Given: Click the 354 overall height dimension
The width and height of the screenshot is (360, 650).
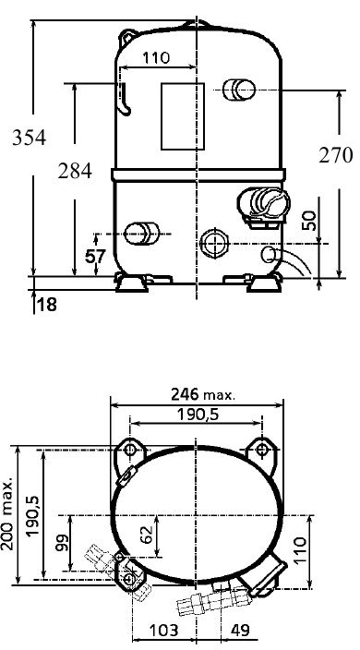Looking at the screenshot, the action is (x=29, y=138).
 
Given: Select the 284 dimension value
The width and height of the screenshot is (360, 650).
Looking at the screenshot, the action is (x=75, y=171).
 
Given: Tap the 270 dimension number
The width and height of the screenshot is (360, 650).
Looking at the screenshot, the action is (x=336, y=155).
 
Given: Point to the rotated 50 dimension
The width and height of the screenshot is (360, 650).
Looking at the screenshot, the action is (x=309, y=221).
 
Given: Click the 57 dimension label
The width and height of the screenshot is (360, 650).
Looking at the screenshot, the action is (x=96, y=257).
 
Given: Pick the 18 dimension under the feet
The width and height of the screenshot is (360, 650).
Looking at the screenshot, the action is (x=47, y=305).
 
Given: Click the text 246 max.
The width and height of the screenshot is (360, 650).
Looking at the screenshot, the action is (x=202, y=394).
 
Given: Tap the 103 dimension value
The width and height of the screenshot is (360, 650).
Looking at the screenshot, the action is (x=163, y=631).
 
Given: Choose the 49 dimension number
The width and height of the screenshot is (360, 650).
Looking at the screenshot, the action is (x=240, y=631).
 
